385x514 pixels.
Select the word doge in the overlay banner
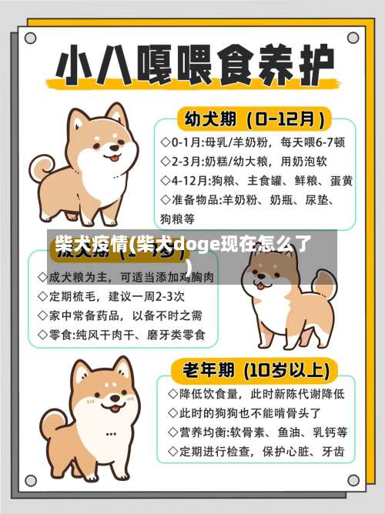click(197, 245)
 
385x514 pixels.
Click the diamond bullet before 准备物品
click(165, 200)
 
